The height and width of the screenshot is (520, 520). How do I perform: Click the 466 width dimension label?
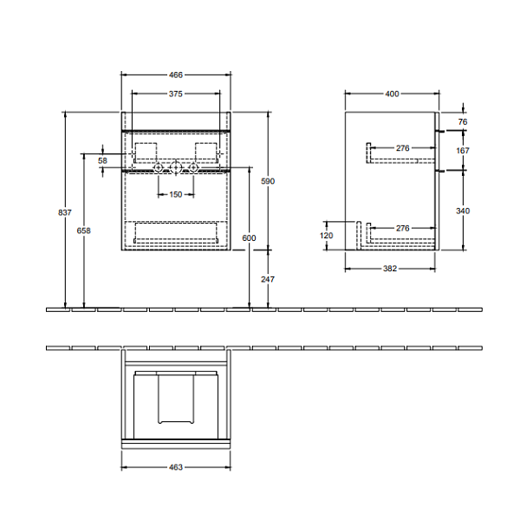coord(176,75)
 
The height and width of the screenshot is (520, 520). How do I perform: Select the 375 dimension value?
coord(176,94)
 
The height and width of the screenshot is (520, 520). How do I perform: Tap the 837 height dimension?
coord(65,212)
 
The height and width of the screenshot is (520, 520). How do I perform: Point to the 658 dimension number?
coord(83,231)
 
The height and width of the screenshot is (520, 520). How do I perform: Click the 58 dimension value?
coord(102,160)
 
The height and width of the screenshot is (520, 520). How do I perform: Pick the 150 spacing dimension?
coord(176,194)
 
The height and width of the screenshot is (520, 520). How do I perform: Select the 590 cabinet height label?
coord(268,181)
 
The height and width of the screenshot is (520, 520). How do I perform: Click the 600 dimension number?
coord(249,237)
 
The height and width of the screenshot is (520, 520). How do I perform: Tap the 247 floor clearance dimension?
coord(268,279)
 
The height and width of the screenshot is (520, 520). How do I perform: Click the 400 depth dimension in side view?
coord(392,94)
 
